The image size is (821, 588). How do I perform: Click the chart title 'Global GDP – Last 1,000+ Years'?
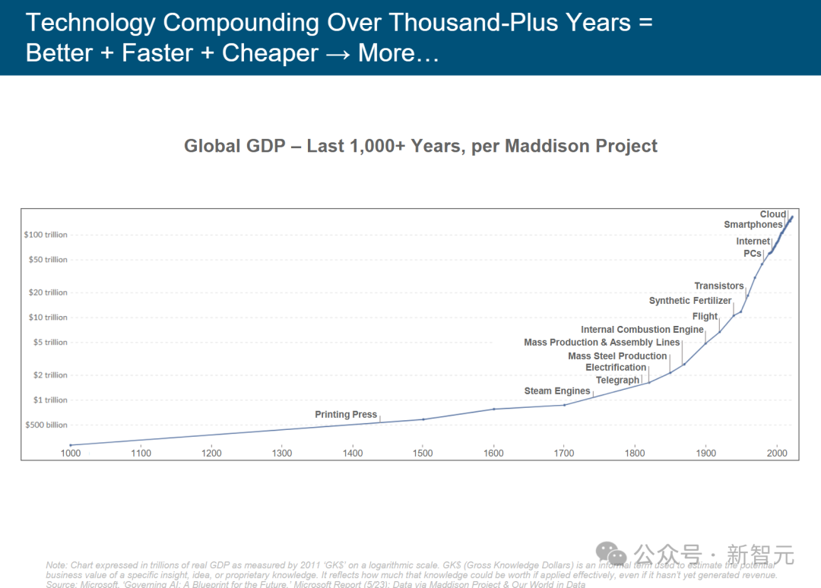pyautogui.click(x=420, y=146)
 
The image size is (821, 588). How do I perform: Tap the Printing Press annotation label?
pyautogui.click(x=346, y=415)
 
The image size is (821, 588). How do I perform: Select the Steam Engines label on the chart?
pyautogui.click(x=557, y=391)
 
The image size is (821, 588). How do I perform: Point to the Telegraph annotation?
pyautogui.click(x=617, y=380)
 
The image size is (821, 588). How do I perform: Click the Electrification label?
pyautogui.click(x=616, y=368)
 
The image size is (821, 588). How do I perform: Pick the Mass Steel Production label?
pyautogui.click(x=617, y=356)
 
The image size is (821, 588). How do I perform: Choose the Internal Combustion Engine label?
pyautogui.click(x=642, y=330)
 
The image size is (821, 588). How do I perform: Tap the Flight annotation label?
pyautogui.click(x=705, y=316)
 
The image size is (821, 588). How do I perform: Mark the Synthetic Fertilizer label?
pyautogui.click(x=690, y=301)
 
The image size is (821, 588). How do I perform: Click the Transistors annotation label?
pyautogui.click(x=719, y=286)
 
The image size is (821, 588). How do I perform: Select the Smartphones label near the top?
pyautogui.click(x=753, y=225)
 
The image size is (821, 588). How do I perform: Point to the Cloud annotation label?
pyautogui.click(x=772, y=214)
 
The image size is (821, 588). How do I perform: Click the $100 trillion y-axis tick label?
pyautogui.click(x=46, y=235)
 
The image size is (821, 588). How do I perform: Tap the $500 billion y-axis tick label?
pyautogui.click(x=46, y=425)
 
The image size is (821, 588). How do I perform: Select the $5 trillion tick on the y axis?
pyautogui.click(x=49, y=343)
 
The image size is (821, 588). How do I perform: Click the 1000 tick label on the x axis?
pyautogui.click(x=71, y=454)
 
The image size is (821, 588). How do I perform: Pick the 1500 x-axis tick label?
pyautogui.click(x=423, y=454)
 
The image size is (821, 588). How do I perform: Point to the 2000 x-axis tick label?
pyautogui.click(x=776, y=454)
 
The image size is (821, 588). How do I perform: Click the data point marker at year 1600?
pyautogui.click(x=494, y=409)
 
